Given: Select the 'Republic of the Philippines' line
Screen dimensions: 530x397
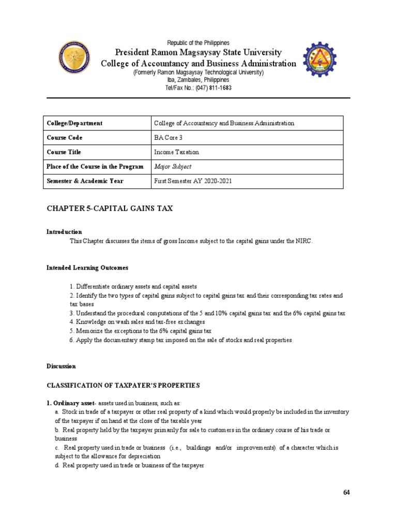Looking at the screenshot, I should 198,42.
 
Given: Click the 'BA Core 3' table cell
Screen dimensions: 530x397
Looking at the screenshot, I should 168,138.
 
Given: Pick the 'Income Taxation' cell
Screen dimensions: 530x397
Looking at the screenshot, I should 176,152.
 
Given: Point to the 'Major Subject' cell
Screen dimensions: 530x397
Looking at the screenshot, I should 173,167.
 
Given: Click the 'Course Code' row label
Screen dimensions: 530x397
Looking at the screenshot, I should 65,138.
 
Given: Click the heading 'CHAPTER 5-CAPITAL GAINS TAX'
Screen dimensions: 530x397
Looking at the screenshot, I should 110,208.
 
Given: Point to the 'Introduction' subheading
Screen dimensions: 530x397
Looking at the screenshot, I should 64,232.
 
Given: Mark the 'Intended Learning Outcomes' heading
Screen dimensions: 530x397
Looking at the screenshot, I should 87,268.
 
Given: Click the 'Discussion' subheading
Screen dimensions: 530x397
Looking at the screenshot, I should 61,366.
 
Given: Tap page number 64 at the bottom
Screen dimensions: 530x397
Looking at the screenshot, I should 346,492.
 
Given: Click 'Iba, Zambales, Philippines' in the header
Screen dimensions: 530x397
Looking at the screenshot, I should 198,80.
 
